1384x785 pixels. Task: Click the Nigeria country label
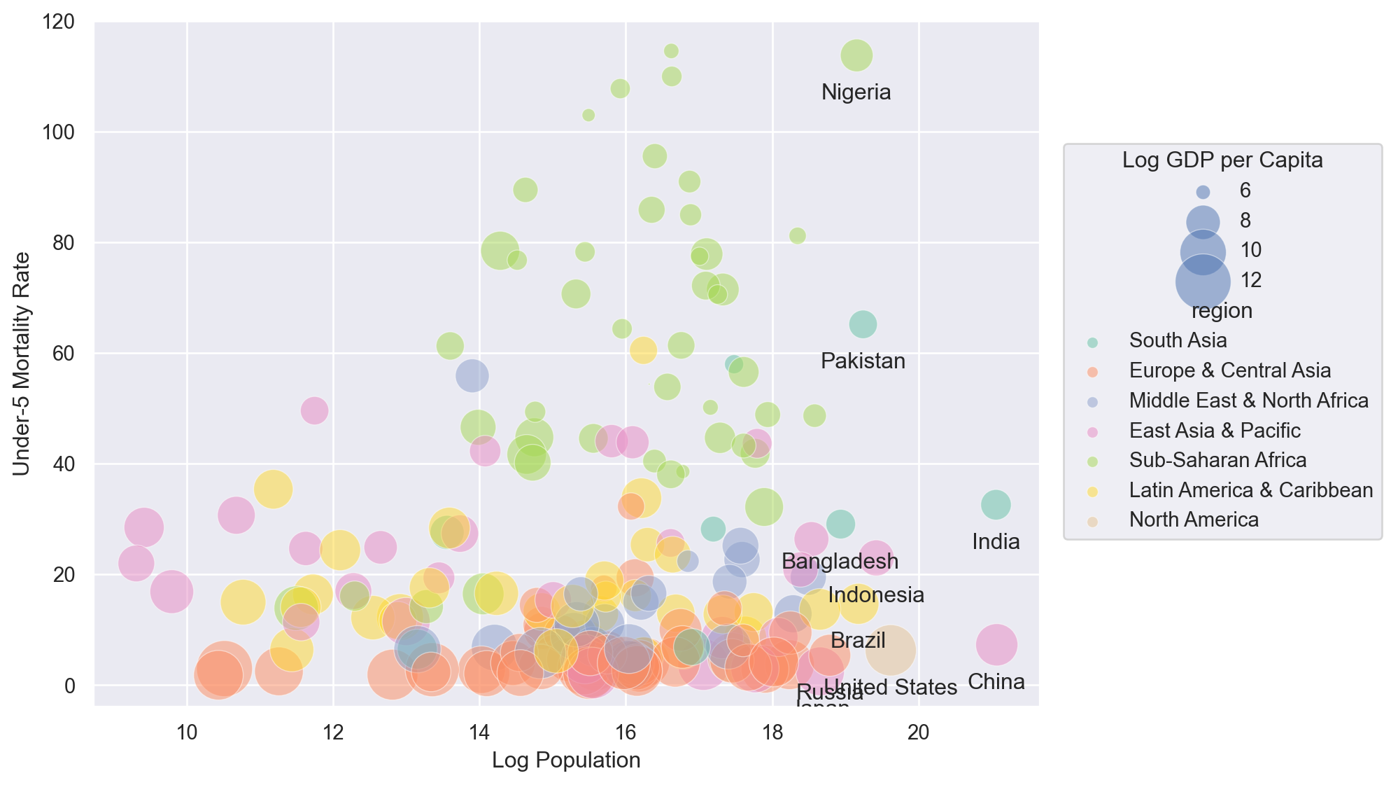click(856, 92)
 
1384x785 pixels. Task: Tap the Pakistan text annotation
click(863, 361)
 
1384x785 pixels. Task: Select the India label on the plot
click(996, 542)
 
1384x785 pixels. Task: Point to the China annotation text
click(996, 682)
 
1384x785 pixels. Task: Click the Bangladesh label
click(840, 562)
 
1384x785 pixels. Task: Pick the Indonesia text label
click(876, 595)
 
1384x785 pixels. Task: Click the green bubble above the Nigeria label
click(856, 55)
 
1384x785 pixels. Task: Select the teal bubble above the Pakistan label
click(863, 324)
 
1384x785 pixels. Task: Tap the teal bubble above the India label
click(996, 504)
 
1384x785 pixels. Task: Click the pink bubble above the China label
click(996, 644)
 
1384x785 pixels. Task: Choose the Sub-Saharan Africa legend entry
click(1217, 460)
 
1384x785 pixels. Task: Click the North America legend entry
click(1194, 520)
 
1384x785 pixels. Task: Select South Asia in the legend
click(1178, 340)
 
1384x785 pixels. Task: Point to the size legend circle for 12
click(1203, 281)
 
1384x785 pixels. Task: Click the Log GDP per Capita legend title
click(1222, 160)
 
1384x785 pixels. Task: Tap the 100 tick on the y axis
click(58, 132)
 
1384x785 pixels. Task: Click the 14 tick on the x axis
click(479, 732)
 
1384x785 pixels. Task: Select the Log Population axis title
click(566, 760)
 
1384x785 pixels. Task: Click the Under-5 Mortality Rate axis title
click(22, 363)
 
